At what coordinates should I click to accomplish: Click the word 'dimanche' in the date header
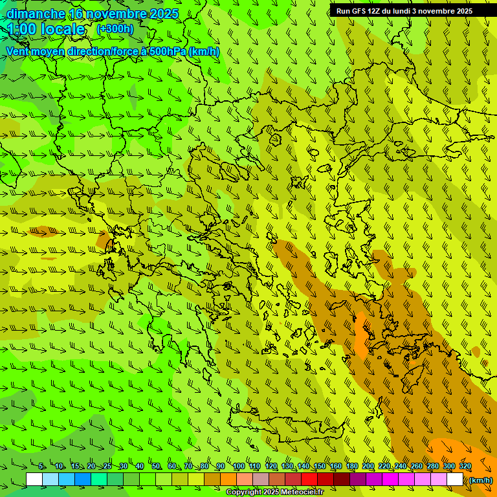tap(36, 14)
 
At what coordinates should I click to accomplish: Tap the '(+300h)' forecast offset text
tap(115, 28)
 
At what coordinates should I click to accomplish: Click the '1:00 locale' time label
tap(46, 29)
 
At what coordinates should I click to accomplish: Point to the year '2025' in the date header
tap(163, 14)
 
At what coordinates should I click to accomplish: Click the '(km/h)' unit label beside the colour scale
tap(480, 480)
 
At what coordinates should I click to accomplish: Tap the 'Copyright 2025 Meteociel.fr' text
tap(274, 492)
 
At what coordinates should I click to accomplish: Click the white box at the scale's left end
tap(34, 480)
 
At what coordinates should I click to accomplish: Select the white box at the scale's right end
tap(454, 480)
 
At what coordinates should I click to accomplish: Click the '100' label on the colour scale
tap(238, 467)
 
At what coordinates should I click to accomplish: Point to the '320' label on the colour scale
tap(465, 467)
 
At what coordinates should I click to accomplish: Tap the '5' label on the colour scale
tap(41, 467)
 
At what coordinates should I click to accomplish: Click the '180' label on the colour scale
tap(351, 467)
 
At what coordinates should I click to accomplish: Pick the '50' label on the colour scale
tap(156, 467)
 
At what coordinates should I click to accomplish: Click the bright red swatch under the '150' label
tap(309, 480)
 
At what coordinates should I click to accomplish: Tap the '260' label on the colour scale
tap(416, 467)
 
